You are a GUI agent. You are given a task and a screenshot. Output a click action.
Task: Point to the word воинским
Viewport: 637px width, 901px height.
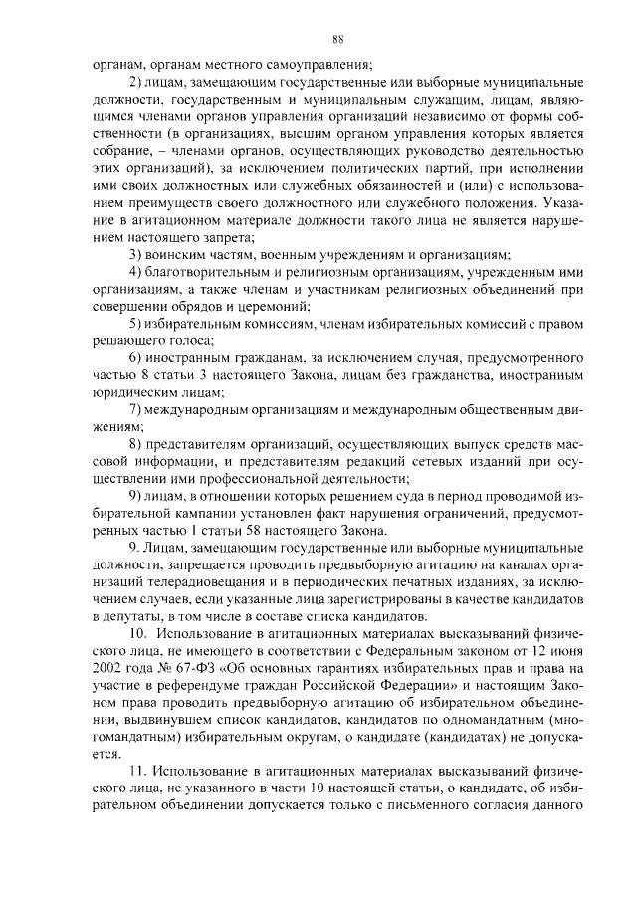tap(185, 256)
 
